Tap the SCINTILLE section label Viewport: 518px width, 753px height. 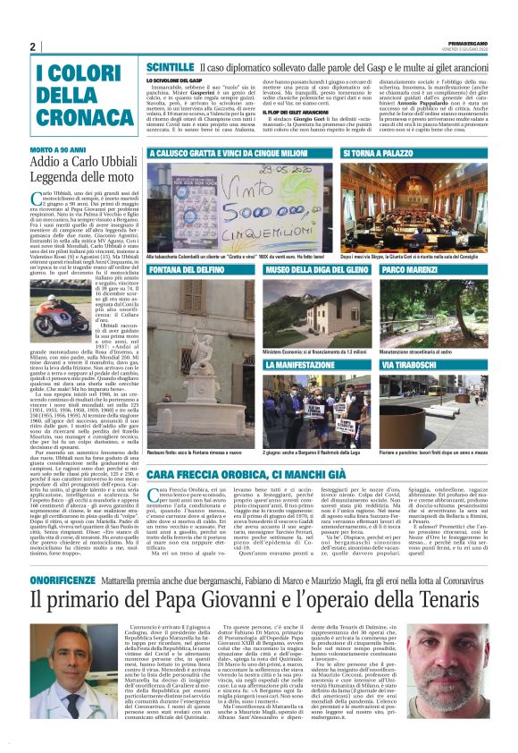(170, 67)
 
